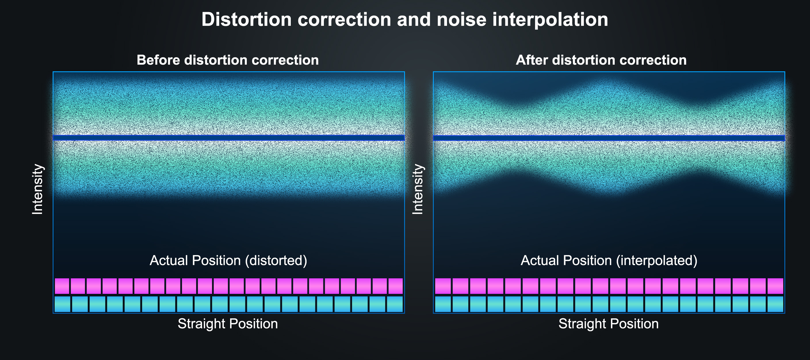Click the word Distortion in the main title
click(x=247, y=20)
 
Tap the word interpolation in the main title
click(x=550, y=20)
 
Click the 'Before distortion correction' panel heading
click(x=228, y=60)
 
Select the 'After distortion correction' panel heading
click(x=601, y=60)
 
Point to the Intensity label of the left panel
click(x=37, y=189)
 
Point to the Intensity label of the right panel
click(x=418, y=189)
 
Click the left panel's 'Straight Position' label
click(x=228, y=323)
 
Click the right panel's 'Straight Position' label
click(x=608, y=323)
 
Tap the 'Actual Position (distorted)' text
click(x=228, y=260)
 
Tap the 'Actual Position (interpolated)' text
click(x=609, y=260)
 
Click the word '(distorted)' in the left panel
click(x=276, y=260)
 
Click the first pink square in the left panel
click(x=62, y=286)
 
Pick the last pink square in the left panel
click(x=396, y=286)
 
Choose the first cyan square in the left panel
click(x=62, y=304)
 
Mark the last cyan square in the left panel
click(x=395, y=304)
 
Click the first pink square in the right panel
click(x=443, y=286)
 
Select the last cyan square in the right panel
click(x=775, y=304)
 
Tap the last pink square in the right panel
click(x=775, y=286)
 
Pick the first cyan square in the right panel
click(x=443, y=304)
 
